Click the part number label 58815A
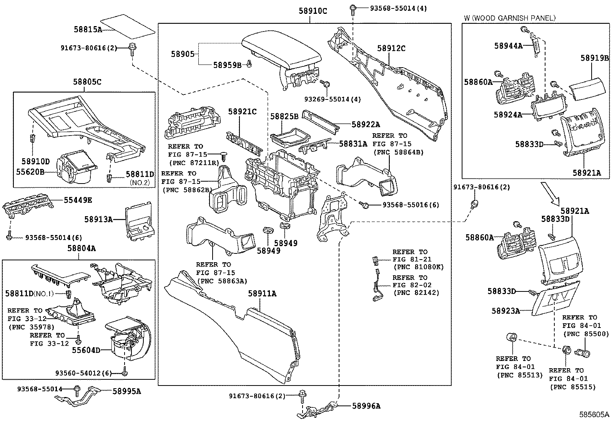[x=88, y=29]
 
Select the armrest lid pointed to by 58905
[x=283, y=51]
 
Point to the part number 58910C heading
[x=313, y=11]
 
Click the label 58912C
[x=391, y=48]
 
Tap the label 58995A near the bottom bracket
[x=126, y=391]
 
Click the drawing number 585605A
[x=595, y=415]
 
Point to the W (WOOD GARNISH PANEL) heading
[x=510, y=18]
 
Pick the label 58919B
[x=594, y=58]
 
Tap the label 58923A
[x=506, y=311]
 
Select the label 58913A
[x=98, y=219]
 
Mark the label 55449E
[x=78, y=200]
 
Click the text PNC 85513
[x=519, y=375]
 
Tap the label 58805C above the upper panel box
[x=87, y=82]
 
